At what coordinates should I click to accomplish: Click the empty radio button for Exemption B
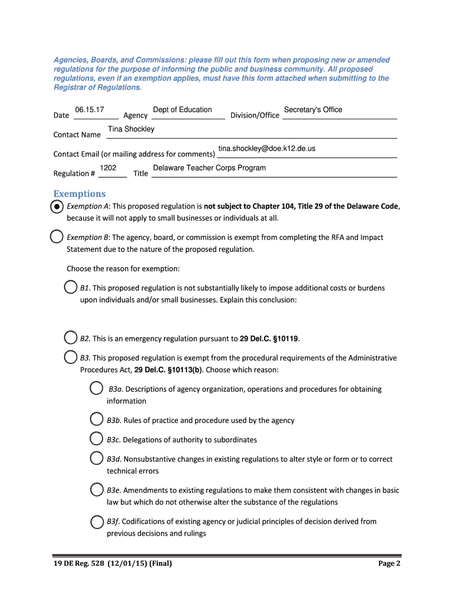(x=57, y=237)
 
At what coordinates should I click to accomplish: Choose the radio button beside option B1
(x=70, y=287)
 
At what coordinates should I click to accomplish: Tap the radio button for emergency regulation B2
(x=70, y=338)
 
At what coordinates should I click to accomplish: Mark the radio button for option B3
(x=70, y=357)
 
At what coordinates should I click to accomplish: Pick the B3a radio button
(x=97, y=388)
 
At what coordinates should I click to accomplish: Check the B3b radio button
(x=97, y=419)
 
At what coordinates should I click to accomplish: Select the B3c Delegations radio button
(x=97, y=439)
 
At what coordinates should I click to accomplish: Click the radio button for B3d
(x=97, y=458)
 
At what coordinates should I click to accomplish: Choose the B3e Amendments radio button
(x=97, y=490)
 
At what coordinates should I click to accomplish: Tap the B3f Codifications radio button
(x=97, y=521)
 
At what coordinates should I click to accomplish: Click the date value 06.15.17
(x=90, y=110)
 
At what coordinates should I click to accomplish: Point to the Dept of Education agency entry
(x=182, y=110)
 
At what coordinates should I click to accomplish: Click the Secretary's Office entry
(x=313, y=110)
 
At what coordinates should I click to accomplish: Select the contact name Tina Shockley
(x=131, y=129)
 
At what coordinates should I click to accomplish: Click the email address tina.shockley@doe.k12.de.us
(x=267, y=149)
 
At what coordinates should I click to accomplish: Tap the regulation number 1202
(x=108, y=168)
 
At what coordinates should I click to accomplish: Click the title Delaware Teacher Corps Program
(x=209, y=168)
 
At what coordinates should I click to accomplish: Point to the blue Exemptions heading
(x=80, y=194)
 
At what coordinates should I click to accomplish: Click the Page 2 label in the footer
(x=389, y=563)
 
